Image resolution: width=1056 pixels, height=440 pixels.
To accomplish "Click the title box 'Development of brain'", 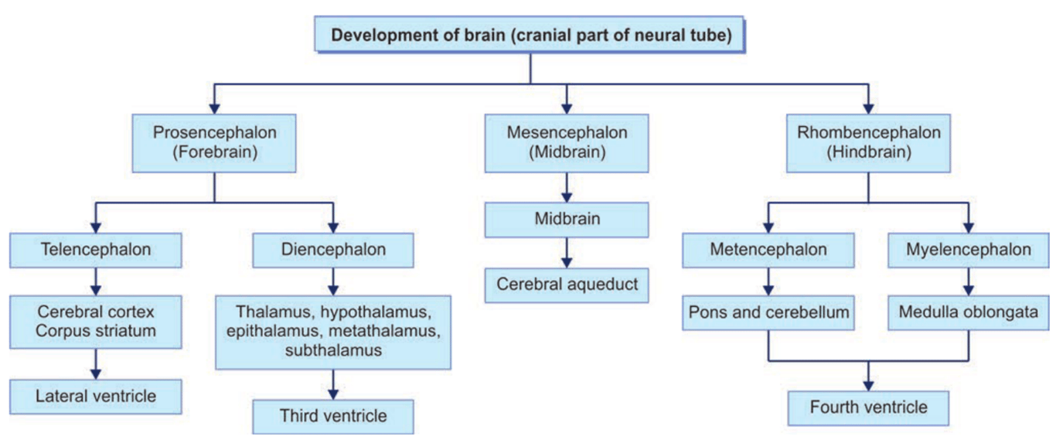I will (530, 35).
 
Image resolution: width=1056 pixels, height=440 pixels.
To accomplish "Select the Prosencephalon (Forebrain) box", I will (214, 143).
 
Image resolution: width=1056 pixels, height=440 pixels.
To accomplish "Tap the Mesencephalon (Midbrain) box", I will (567, 143).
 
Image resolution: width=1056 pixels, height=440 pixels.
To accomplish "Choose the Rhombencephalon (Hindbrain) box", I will (868, 143).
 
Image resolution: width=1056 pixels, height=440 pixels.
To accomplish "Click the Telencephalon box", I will (95, 250).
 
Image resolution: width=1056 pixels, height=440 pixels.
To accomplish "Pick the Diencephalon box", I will (333, 250).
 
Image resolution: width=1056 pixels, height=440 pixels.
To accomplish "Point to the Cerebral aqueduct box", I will (567, 285).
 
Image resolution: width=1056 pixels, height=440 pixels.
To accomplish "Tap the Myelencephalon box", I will (968, 250).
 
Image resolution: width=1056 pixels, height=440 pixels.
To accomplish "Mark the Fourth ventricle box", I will (868, 407).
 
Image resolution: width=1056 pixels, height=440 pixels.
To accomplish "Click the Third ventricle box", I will (333, 417).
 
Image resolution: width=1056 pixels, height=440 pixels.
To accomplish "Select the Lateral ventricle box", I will (95, 397).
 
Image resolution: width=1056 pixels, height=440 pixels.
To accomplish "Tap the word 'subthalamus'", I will (333, 350).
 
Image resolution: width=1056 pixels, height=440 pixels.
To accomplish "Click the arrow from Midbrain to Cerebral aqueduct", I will (567, 252).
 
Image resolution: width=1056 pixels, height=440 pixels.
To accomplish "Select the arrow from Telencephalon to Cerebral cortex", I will (95, 279).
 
